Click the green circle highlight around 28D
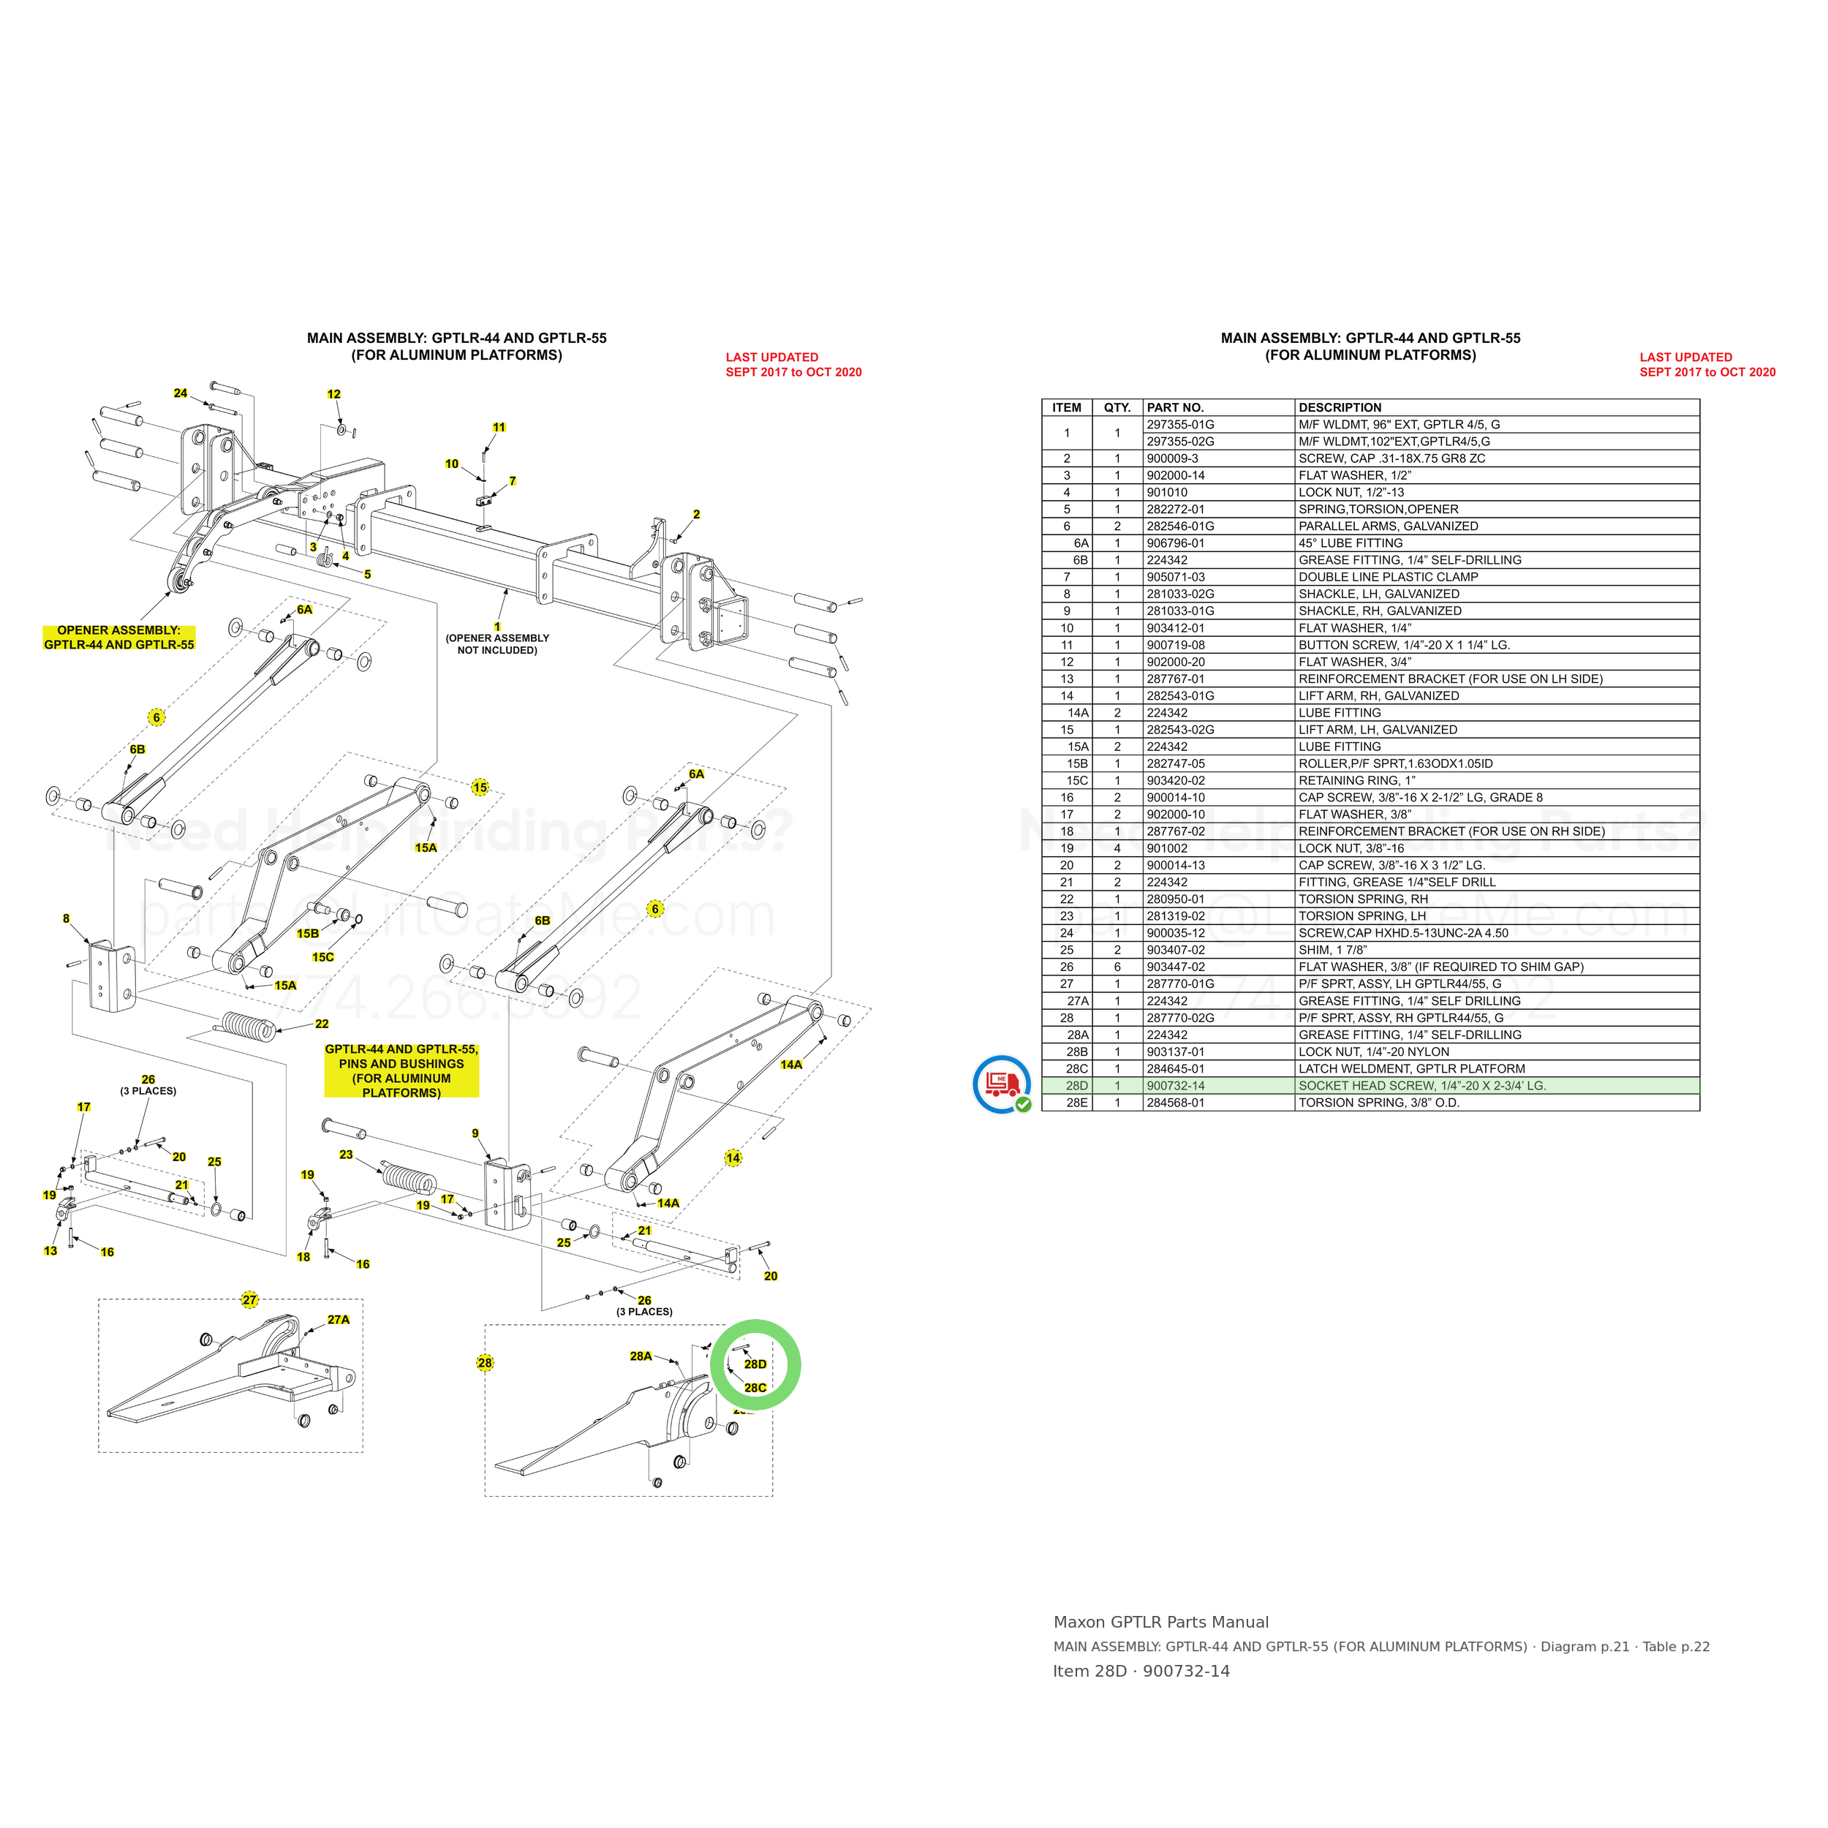711,1364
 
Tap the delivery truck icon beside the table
1002,1084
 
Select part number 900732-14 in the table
1175,1085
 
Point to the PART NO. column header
1175,408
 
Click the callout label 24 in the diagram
181,393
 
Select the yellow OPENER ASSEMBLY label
119,638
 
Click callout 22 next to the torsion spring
322,1024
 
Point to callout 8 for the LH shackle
67,918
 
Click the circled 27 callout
250,1300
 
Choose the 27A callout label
339,1320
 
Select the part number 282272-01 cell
1176,509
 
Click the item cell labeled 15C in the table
1077,781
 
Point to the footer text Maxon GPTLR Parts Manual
1161,1622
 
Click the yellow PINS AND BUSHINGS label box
402,1070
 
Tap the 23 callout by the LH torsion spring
347,1155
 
